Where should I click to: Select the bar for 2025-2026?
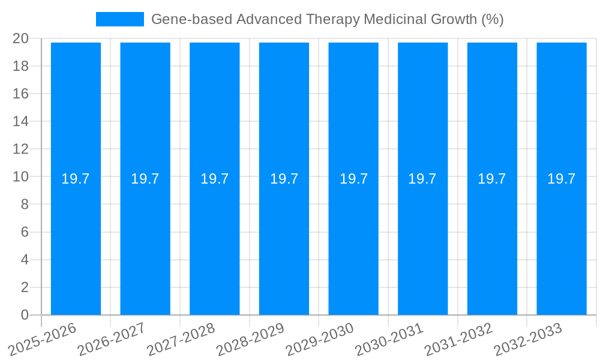pyautogui.click(x=76, y=240)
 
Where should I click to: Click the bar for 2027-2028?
pyautogui.click(x=215, y=240)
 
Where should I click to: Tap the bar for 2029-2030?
pyautogui.click(x=353, y=240)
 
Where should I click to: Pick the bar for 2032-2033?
pyautogui.click(x=562, y=240)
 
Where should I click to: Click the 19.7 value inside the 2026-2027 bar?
pyautogui.click(x=145, y=179)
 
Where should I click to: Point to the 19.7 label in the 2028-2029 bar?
pyautogui.click(x=284, y=179)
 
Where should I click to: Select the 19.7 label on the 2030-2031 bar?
pyautogui.click(x=422, y=179)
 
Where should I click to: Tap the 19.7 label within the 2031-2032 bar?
pyautogui.click(x=492, y=179)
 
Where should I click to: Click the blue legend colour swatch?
pyautogui.click(x=120, y=19)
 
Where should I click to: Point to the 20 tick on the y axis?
pyautogui.click(x=20, y=38)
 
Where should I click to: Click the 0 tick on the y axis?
pyautogui.click(x=25, y=315)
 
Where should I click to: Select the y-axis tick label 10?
pyautogui.click(x=20, y=176)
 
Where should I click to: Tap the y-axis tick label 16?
pyautogui.click(x=20, y=94)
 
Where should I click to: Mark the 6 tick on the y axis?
pyautogui.click(x=25, y=232)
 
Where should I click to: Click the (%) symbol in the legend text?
pyautogui.click(x=493, y=19)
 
